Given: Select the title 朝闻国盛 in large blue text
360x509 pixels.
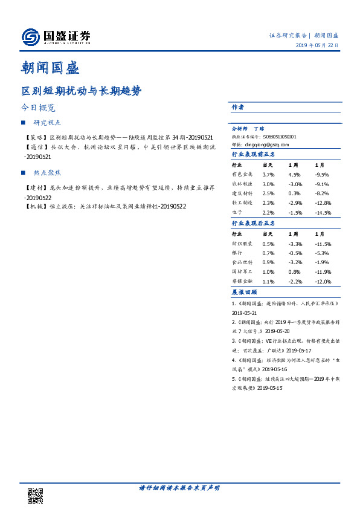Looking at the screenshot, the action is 50,66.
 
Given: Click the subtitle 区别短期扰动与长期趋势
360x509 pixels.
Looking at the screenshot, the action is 82,91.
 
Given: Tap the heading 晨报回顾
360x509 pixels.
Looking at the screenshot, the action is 245,292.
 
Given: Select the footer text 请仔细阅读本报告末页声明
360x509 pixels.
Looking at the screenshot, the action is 179,488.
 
